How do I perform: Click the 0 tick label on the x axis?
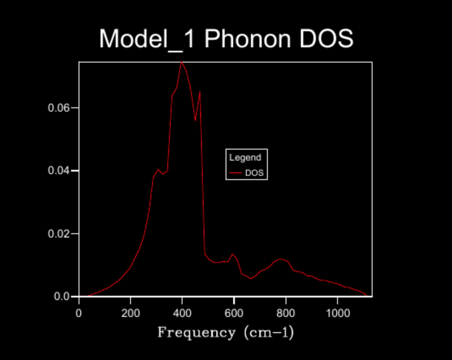pos(79,313)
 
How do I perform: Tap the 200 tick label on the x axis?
pos(130,313)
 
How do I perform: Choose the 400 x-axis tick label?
pos(182,313)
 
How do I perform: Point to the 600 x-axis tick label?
pos(234,313)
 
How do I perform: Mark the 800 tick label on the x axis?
pos(286,313)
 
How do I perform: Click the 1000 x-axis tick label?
pos(337,313)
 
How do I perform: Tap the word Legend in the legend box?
pos(245,158)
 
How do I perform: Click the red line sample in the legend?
pos(235,173)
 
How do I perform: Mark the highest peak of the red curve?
pos(181,62)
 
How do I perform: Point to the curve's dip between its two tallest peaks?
pos(195,121)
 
